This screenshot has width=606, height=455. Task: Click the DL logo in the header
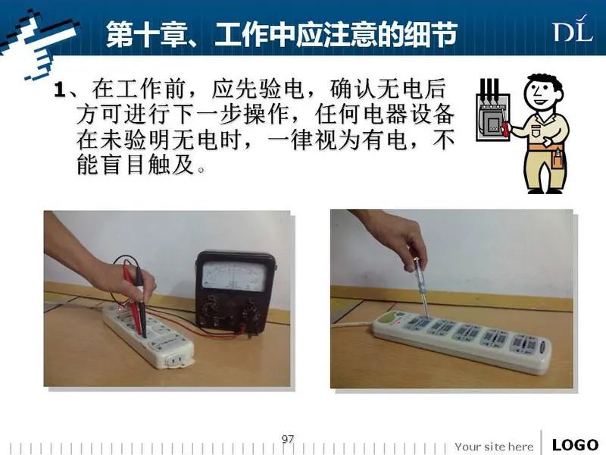coord(573,29)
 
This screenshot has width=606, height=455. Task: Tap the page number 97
coord(288,439)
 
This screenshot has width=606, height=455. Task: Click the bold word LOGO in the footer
coord(575,445)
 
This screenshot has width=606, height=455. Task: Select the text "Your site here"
coord(494,447)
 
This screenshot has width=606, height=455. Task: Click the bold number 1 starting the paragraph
coord(60,89)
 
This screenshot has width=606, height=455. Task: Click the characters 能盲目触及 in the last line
coord(136,164)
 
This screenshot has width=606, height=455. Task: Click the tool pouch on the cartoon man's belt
coord(557,158)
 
